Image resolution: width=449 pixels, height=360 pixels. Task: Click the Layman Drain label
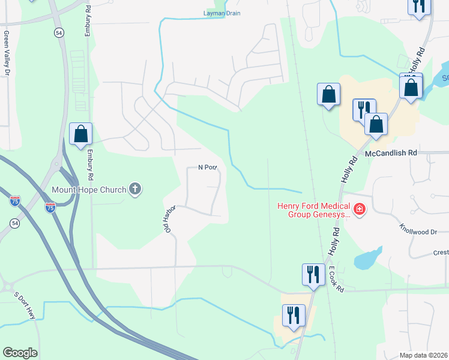[x=221, y=13]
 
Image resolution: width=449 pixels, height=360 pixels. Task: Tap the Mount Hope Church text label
[x=89, y=190]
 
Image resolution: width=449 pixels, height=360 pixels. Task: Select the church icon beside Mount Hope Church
[x=136, y=190]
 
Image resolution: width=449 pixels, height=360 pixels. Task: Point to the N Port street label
[x=207, y=168]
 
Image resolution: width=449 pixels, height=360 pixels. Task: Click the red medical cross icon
[x=360, y=209]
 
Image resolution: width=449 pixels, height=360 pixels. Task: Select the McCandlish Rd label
[x=391, y=153]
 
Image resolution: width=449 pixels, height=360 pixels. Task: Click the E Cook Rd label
[x=336, y=280]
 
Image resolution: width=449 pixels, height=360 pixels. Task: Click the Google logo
[x=20, y=353]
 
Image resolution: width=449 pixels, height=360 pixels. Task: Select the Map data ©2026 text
[x=423, y=355]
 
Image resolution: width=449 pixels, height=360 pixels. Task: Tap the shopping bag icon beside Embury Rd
[x=80, y=134]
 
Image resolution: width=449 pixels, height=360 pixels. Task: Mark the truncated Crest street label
[x=441, y=253]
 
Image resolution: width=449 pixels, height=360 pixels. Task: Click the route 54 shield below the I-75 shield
[x=14, y=223]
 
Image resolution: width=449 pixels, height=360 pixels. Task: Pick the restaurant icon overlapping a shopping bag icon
[x=364, y=110]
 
